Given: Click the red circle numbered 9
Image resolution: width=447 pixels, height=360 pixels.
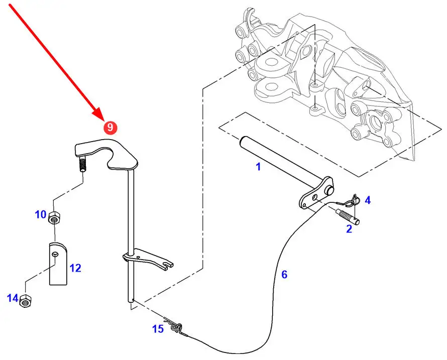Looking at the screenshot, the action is (110, 127).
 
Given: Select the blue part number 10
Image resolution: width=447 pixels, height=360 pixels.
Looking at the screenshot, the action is (41, 214).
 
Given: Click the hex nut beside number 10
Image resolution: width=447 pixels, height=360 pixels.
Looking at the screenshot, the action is (54, 218).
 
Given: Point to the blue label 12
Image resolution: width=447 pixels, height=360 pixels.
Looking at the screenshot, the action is (75, 268).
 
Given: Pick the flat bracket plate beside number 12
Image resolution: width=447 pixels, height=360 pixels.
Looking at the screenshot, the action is (58, 264).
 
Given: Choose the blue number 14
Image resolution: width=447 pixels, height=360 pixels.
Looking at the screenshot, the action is (13, 298).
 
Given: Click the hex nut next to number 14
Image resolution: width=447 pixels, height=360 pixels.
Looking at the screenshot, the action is (26, 301).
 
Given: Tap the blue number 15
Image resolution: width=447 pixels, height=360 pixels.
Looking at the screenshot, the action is (158, 329).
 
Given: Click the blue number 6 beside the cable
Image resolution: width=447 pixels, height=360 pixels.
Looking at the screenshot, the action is (284, 275).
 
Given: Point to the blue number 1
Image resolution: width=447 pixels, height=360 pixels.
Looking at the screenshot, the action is (258, 167).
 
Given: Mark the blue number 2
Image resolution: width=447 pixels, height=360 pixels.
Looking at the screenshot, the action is (349, 229).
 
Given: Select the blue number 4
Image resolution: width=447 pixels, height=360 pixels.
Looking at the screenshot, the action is (368, 200).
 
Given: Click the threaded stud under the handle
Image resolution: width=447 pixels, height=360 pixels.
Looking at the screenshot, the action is (82, 165).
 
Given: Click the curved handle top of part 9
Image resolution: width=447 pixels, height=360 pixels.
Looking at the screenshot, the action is (106, 153).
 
